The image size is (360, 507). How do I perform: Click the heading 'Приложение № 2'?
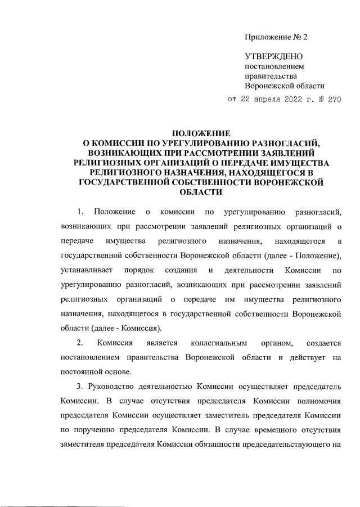click(x=277, y=37)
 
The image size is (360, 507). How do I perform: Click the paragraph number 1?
click(x=80, y=212)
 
